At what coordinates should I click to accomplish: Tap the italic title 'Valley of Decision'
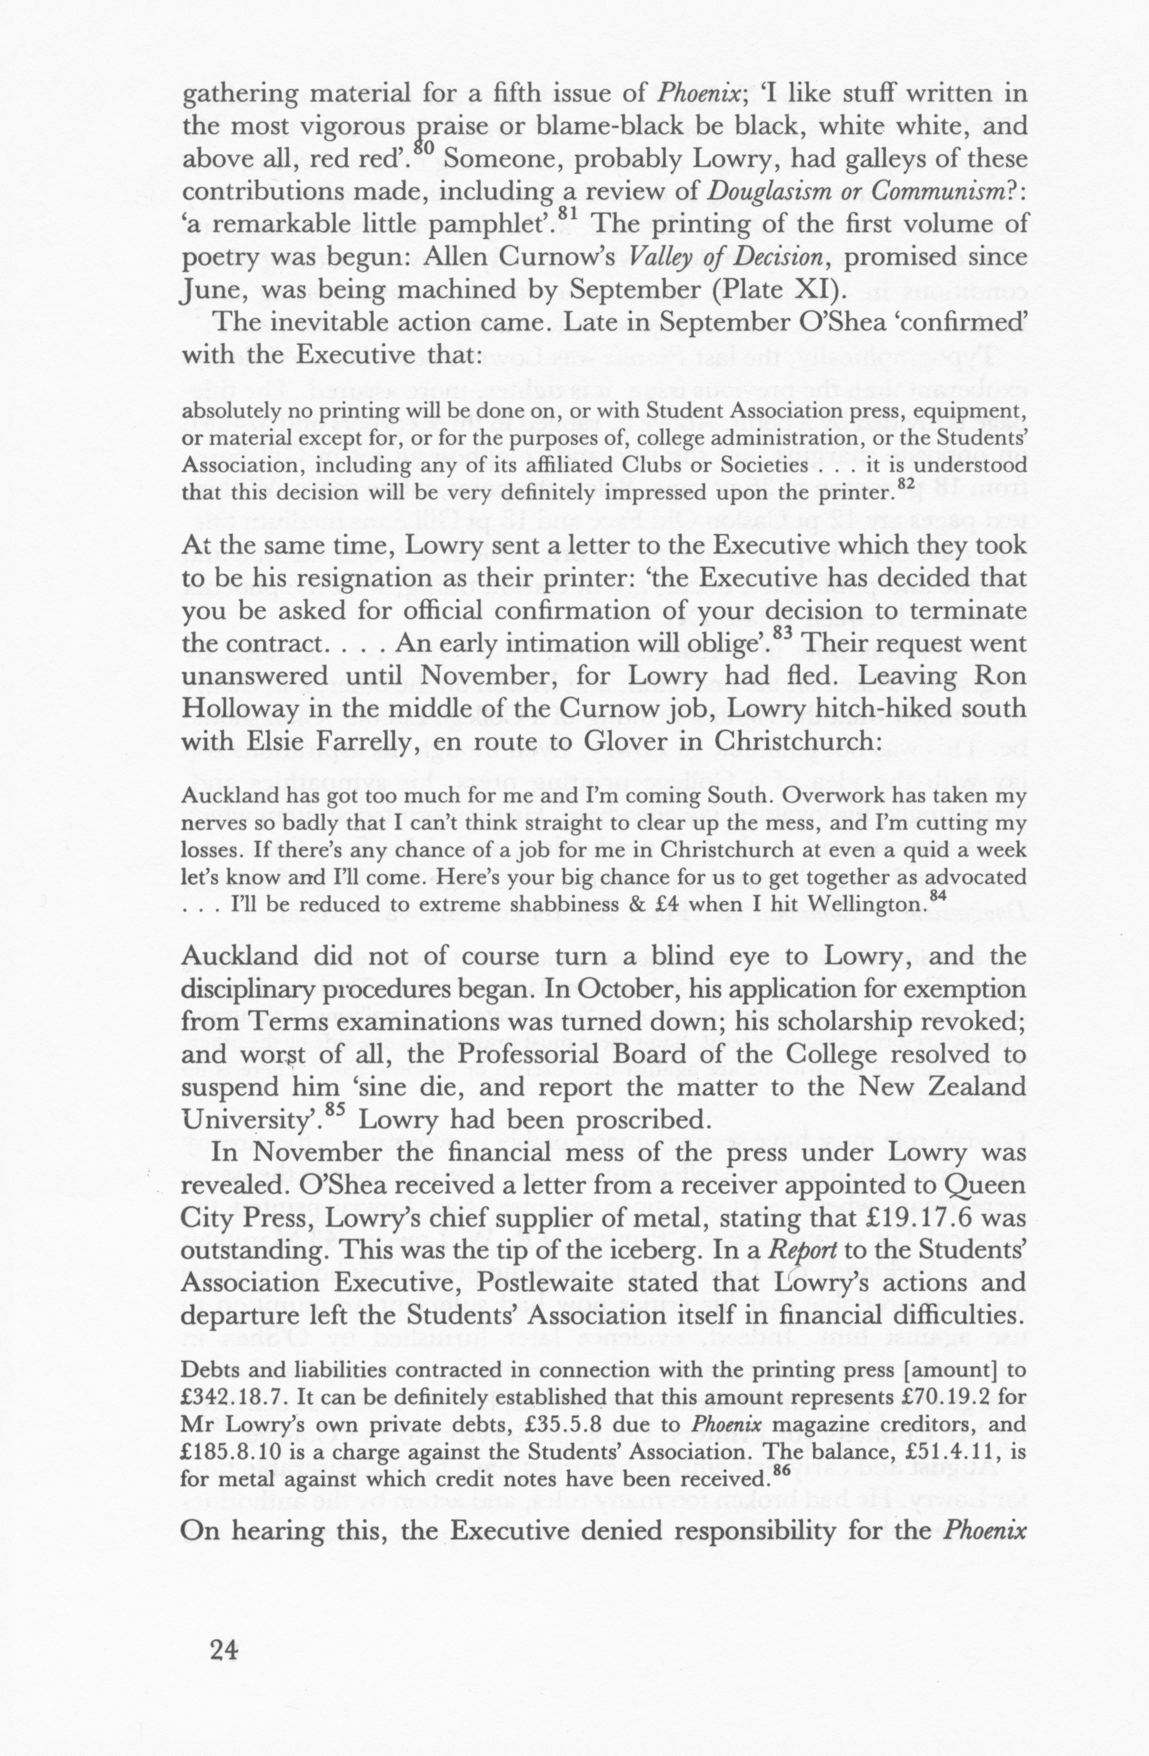pyautogui.click(x=724, y=258)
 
